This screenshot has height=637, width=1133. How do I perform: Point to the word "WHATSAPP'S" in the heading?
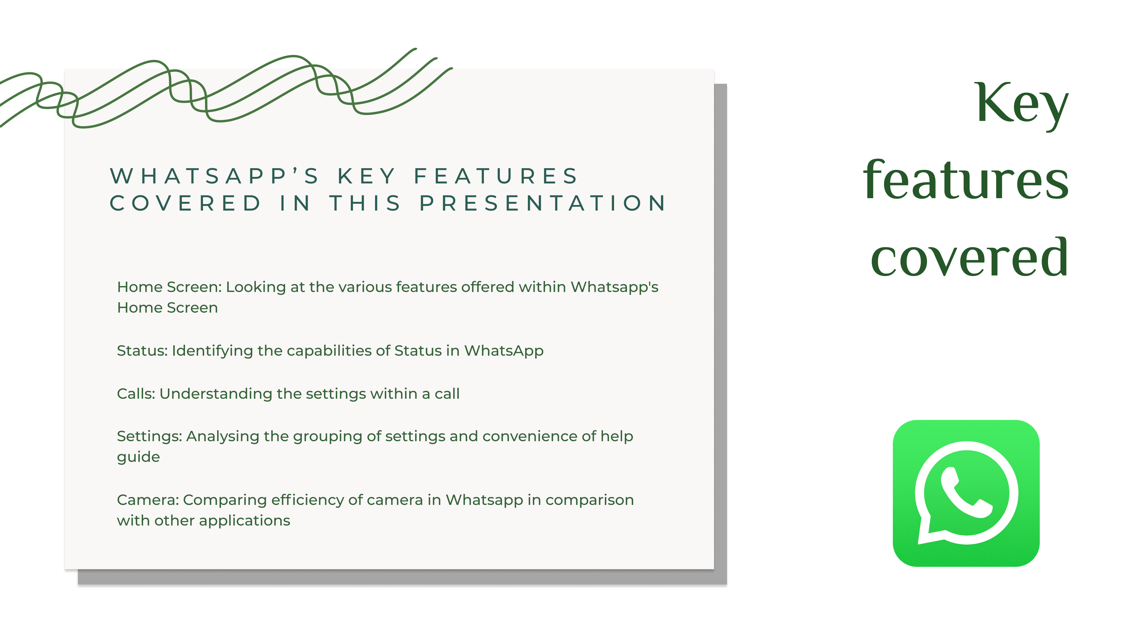[x=214, y=176]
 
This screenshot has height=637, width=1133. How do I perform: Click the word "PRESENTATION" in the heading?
[x=543, y=203]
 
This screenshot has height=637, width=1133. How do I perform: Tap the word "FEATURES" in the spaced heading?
[x=496, y=176]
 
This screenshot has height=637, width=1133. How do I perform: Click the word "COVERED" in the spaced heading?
[x=185, y=203]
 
